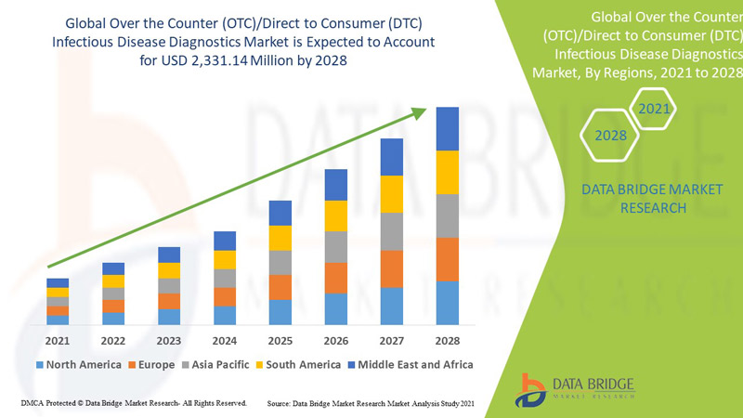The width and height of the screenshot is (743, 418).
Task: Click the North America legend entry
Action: click(78, 365)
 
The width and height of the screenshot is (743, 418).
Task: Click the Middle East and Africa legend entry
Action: click(410, 365)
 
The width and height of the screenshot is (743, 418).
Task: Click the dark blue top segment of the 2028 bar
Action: click(448, 128)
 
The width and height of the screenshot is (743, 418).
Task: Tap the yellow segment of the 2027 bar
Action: click(392, 193)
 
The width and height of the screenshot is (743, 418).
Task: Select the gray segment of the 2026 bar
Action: click(336, 247)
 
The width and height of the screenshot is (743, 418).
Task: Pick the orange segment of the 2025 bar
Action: click(280, 287)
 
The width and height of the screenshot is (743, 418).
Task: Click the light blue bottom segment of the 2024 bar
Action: click(225, 315)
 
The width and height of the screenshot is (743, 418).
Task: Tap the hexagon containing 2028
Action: click(610, 137)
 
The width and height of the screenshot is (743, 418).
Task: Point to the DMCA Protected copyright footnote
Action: click(133, 404)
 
